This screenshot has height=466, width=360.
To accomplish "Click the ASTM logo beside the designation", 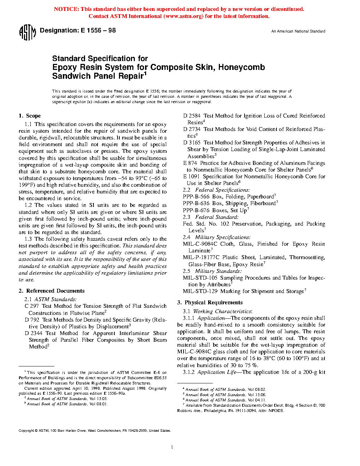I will coord(27,32).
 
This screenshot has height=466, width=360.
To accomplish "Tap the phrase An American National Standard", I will coord(298,31).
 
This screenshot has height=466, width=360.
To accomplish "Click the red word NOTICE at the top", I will coord(66,9).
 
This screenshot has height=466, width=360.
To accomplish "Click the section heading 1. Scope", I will coord(30,116).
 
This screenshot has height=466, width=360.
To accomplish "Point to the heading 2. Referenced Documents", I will coord(52,291).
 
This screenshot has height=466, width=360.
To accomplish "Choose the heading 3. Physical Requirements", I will coord(210,303).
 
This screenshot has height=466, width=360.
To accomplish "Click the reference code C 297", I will coord(32,306).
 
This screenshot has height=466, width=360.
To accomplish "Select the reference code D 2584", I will coord(192,116).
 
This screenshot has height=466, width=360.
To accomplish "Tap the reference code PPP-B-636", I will coord(196,203).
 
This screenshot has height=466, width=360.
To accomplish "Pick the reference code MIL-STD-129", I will coord(200,291).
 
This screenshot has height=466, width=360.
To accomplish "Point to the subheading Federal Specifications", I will coord(222,190).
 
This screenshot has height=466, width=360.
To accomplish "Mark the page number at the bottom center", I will coord(172,447).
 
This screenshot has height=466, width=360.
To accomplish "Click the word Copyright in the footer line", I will coord(26,431).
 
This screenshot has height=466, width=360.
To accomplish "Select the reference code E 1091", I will coord(191,177).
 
